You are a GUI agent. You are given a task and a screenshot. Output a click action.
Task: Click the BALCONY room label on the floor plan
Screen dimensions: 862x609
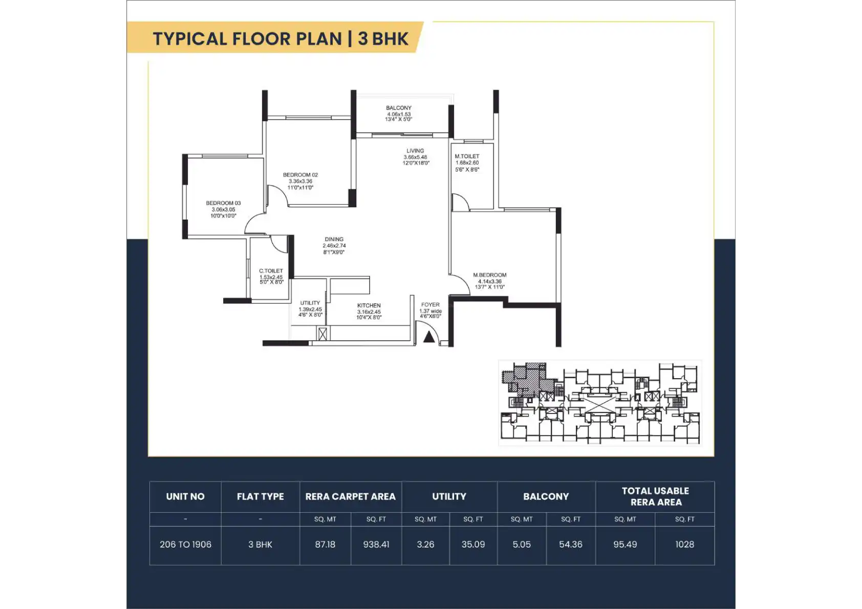399,108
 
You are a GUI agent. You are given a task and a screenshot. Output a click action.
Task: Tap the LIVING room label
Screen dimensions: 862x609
415,151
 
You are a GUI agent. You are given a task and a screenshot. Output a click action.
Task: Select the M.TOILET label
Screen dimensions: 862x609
467,156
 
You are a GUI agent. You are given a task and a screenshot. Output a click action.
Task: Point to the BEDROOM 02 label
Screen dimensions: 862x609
300,175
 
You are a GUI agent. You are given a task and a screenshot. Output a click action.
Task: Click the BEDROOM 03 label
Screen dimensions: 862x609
223,203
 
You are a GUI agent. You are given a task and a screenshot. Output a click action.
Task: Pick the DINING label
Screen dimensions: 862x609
334,239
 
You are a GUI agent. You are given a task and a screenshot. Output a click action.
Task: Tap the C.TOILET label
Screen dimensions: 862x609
271,271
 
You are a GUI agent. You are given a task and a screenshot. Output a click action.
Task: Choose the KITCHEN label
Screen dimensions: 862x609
369,306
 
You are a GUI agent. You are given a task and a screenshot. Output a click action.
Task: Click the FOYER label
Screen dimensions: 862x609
430,304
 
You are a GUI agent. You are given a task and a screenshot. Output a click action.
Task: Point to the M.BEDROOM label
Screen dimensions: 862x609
489,275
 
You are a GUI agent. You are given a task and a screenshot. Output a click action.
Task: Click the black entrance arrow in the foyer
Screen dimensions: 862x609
429,337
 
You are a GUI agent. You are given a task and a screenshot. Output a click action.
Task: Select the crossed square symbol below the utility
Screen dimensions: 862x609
322,334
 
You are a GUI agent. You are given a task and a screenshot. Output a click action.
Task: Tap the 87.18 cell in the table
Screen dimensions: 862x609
325,545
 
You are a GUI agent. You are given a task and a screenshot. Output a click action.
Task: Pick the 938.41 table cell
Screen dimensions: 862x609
376,545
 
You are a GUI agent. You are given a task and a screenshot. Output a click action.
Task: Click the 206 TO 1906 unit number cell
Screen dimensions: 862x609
185,545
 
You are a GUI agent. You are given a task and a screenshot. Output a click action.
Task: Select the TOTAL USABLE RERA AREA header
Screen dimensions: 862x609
656,496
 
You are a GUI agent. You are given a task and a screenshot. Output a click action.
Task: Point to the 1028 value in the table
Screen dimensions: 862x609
684,545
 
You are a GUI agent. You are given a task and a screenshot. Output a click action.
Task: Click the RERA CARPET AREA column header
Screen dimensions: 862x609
351,496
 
